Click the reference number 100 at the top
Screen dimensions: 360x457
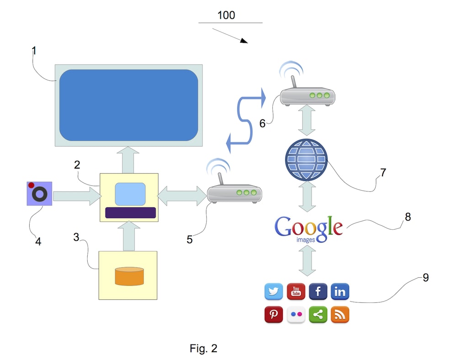(x=226, y=15)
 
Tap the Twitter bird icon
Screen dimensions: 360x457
(x=274, y=291)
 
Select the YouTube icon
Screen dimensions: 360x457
(x=296, y=291)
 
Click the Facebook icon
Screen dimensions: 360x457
(x=318, y=291)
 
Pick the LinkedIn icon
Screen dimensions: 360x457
(x=340, y=291)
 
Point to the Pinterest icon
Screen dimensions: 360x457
(x=274, y=315)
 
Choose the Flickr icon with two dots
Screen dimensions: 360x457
(x=296, y=315)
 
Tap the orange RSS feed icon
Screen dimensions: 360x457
(x=340, y=315)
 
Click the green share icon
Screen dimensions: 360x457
(x=318, y=315)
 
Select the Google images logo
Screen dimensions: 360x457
(x=308, y=228)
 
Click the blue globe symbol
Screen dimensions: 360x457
(x=307, y=160)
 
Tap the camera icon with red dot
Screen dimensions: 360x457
(x=39, y=194)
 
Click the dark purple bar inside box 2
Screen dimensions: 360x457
(x=130, y=212)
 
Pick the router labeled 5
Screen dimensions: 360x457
(x=234, y=194)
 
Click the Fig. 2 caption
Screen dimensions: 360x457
(x=203, y=349)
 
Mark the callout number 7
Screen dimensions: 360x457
(x=383, y=173)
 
